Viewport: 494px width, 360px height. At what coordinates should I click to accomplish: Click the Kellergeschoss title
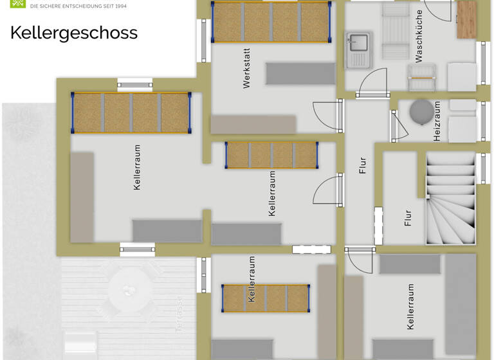click(x=74, y=33)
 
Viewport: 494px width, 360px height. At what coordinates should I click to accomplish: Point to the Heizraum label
click(x=437, y=121)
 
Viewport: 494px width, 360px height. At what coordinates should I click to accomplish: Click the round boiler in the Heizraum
click(x=421, y=110)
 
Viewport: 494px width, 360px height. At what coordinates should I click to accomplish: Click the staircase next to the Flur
click(x=450, y=197)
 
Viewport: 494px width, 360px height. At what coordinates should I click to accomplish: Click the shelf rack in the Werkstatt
click(x=271, y=21)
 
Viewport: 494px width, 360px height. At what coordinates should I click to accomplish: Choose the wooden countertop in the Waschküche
click(x=466, y=19)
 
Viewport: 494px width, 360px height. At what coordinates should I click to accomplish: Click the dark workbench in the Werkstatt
click(x=300, y=73)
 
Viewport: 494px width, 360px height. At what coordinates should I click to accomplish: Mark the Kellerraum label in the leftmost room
click(x=137, y=166)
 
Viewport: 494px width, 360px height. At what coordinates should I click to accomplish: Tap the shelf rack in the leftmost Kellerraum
click(x=131, y=113)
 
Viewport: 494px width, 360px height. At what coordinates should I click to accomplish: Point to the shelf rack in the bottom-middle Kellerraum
click(x=266, y=298)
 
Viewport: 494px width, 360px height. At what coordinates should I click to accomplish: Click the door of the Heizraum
click(x=398, y=126)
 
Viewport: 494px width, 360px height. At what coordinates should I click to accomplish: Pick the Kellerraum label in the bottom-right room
click(x=410, y=307)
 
